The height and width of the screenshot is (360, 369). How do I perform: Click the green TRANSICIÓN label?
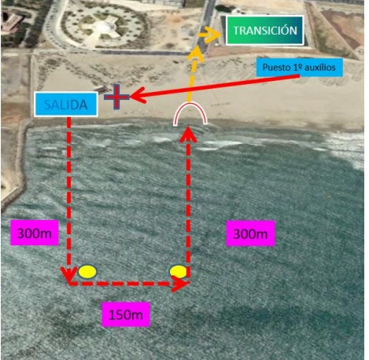click(264, 31)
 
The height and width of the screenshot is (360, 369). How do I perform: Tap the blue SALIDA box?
click(66, 105)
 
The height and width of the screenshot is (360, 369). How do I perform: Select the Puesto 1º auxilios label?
click(299, 68)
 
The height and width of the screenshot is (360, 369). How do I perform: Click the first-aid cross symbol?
click(116, 97)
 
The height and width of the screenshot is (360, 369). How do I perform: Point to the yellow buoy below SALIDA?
click(87, 271)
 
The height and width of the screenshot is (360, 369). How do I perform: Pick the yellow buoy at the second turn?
click(178, 271)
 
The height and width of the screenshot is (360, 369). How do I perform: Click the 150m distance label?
click(126, 314)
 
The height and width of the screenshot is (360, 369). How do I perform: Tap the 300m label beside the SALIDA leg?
click(35, 233)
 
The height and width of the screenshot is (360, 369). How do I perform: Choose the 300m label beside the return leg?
click(250, 233)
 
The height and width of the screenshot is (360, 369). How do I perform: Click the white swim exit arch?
click(190, 103)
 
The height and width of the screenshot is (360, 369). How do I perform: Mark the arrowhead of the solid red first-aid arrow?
click(138, 96)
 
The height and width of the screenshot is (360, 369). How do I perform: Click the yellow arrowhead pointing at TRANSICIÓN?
click(212, 35)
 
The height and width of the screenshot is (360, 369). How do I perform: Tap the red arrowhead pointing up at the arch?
click(188, 134)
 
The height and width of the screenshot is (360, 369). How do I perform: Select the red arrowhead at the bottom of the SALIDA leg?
click(68, 275)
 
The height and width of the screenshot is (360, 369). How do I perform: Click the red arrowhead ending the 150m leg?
click(179, 284)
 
